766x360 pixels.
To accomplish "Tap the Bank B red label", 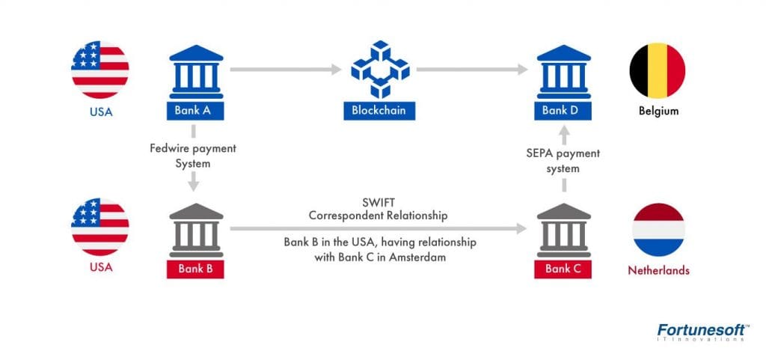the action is (195, 269).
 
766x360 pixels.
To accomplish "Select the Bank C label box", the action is (563, 269).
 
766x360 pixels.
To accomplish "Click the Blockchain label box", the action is (379, 110).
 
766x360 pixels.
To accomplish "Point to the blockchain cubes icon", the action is (380, 70).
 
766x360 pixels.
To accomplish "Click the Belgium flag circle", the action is (657, 70).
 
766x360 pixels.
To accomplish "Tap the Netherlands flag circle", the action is (658, 230).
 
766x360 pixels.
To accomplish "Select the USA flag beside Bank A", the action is (100, 70).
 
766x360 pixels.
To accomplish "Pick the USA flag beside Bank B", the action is (100, 227).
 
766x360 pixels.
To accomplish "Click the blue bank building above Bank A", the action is (196, 72).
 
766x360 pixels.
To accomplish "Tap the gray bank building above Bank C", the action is (564, 230).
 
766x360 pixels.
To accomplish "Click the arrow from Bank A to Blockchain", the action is (286, 70).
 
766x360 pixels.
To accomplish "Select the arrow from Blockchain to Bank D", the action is (472, 70).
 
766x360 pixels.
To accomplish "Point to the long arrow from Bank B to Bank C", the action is (378, 228).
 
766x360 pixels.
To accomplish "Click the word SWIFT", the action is (378, 203).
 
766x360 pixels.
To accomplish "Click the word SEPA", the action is (540, 153).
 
